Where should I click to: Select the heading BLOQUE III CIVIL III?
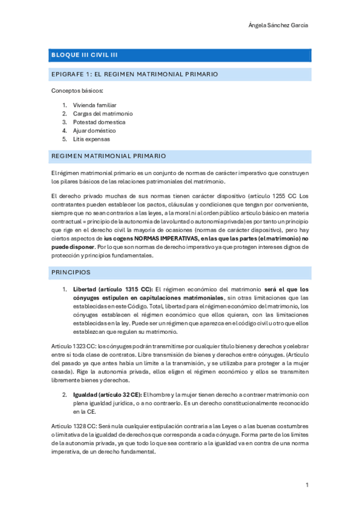click(x=84, y=55)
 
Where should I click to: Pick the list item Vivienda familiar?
click(x=94, y=105)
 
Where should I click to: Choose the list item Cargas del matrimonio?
click(x=103, y=113)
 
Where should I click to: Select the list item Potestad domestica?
click(x=99, y=121)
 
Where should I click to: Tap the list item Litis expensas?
click(x=92, y=138)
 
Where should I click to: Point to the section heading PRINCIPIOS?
click(x=71, y=272)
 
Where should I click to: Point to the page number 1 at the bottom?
click(x=307, y=485)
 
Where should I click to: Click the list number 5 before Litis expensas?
click(x=64, y=138)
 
